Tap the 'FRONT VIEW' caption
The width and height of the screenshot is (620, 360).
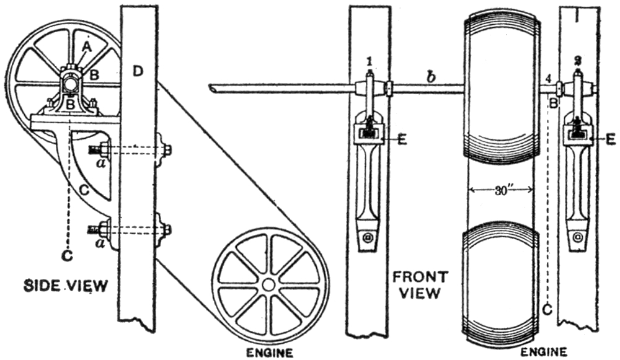click(417, 283)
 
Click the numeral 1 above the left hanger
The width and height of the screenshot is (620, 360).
click(369, 61)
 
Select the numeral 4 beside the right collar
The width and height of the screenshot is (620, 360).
click(549, 78)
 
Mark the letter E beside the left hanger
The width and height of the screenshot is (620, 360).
click(403, 140)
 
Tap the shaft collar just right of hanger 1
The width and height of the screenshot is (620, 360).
click(388, 89)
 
